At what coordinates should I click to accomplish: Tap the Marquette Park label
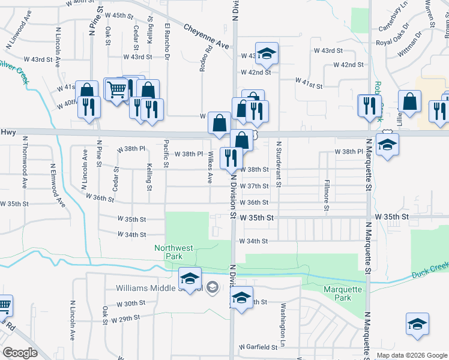334,293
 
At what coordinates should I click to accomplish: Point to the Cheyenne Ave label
206,37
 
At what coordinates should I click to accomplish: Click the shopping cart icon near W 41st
116,89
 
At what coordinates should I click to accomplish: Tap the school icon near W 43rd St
267,54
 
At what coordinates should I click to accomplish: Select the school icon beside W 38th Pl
387,144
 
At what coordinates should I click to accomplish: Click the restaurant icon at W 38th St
231,158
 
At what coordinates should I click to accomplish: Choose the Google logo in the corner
20,353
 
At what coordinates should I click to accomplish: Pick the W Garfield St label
258,347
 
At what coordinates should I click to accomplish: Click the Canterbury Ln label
394,21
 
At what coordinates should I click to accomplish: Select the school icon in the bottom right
417,324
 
